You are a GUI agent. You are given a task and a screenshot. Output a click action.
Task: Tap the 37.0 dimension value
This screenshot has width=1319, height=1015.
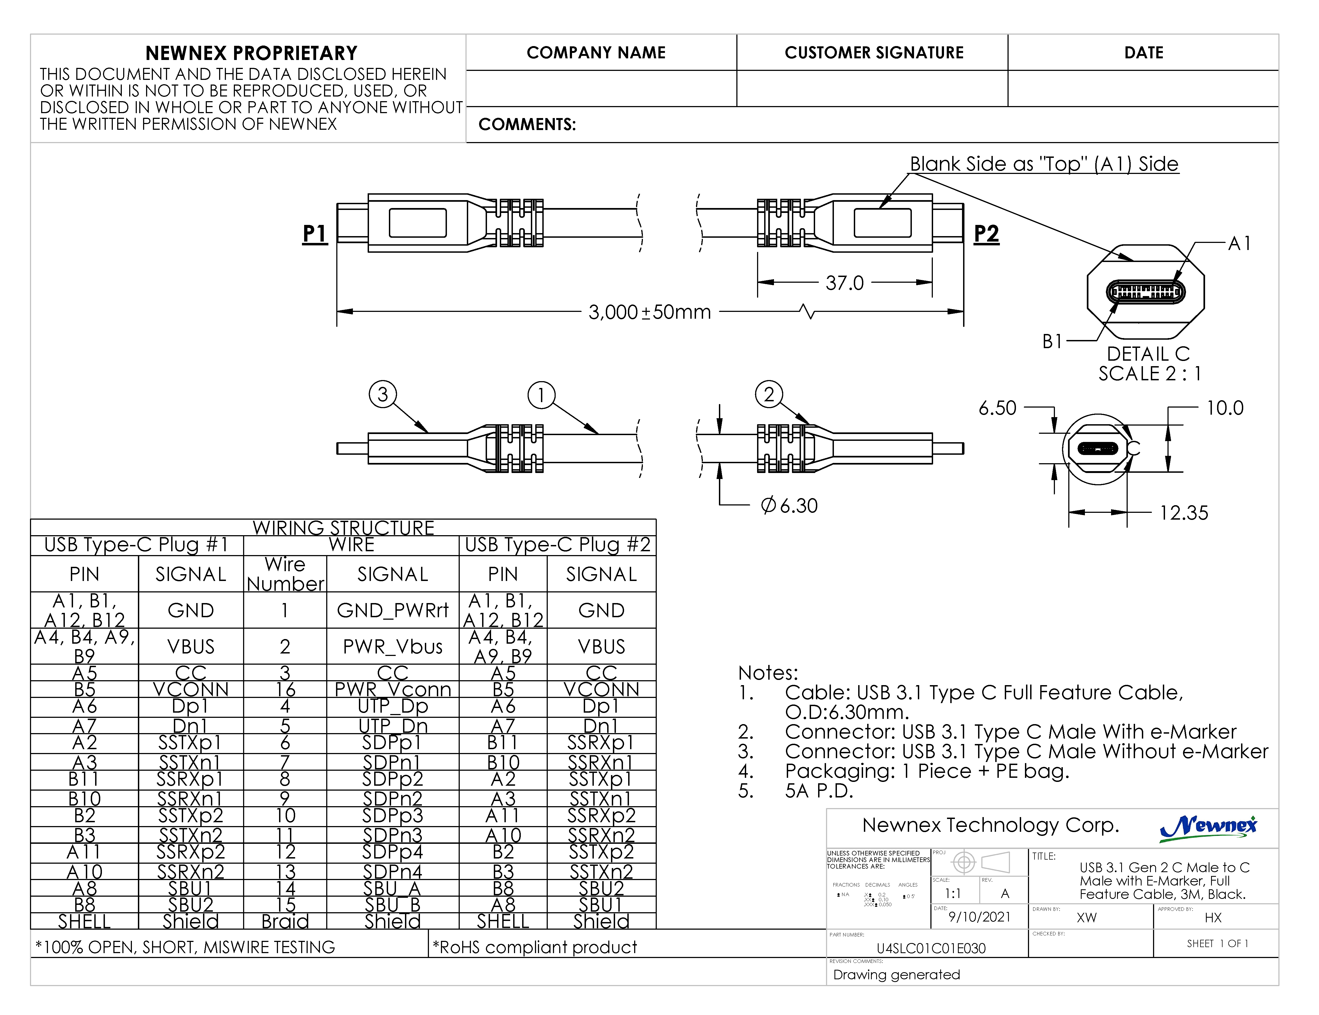click(x=844, y=283)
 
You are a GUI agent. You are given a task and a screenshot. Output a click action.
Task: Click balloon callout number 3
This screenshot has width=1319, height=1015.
click(x=382, y=394)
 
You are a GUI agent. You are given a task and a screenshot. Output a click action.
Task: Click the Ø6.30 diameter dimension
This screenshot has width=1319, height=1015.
click(x=789, y=505)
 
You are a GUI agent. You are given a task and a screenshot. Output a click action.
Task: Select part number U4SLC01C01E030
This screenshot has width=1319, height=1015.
click(x=931, y=948)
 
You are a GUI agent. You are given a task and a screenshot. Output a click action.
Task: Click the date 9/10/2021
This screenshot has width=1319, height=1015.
click(x=979, y=917)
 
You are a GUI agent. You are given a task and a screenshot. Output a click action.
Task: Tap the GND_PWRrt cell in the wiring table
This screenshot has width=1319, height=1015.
click(x=392, y=610)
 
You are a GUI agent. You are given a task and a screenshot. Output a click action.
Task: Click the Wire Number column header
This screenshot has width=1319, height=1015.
click(x=285, y=574)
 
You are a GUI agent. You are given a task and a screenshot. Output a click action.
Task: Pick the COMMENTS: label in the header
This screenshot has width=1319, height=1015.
click(x=527, y=125)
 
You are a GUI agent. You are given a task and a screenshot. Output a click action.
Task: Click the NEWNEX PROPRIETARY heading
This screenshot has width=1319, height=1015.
click(x=251, y=53)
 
